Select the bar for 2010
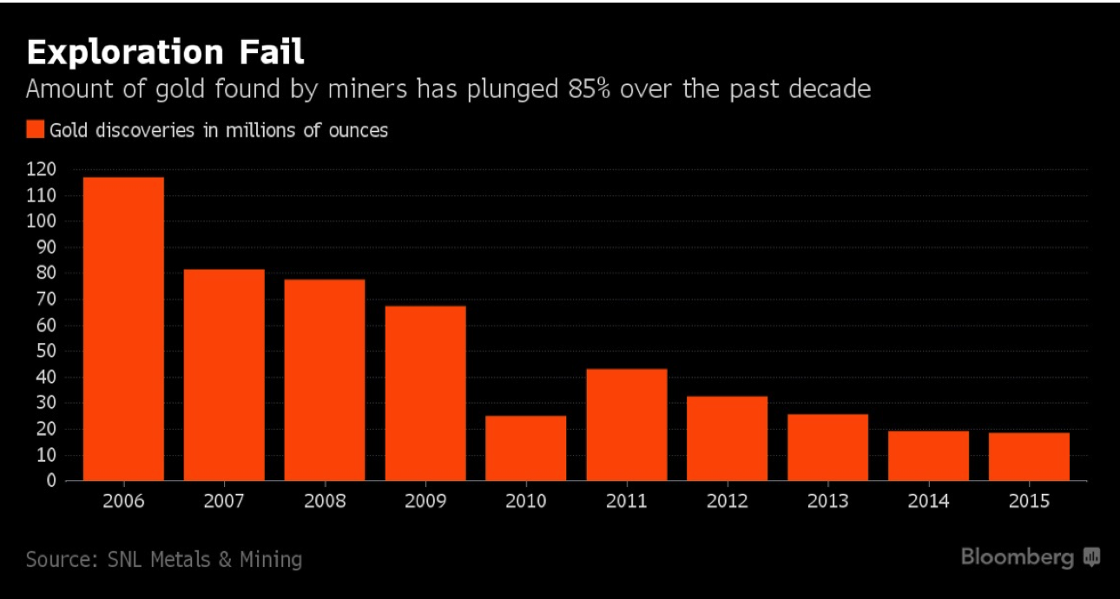click(525, 448)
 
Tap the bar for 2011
click(626, 425)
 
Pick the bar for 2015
click(1029, 457)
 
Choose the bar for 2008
click(325, 379)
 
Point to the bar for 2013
click(827, 447)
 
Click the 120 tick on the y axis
click(41, 169)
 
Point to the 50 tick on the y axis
click(45, 351)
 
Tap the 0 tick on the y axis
click(50, 480)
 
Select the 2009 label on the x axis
click(425, 502)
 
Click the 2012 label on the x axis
click(727, 502)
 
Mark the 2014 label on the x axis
click(928, 502)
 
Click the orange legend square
click(35, 130)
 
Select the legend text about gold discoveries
click(218, 130)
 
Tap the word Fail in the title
click(273, 52)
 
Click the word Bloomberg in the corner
click(1018, 556)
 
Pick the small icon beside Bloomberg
click(1091, 557)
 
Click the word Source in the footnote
click(56, 559)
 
